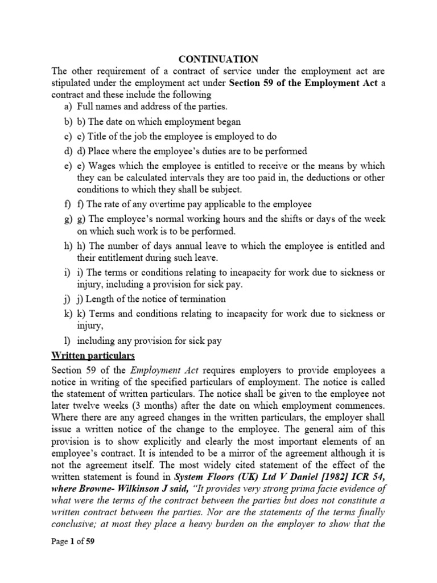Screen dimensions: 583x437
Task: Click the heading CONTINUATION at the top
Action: coord(219,59)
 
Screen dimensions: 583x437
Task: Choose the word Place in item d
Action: coord(98,151)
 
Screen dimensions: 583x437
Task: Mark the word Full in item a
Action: coord(87,106)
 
